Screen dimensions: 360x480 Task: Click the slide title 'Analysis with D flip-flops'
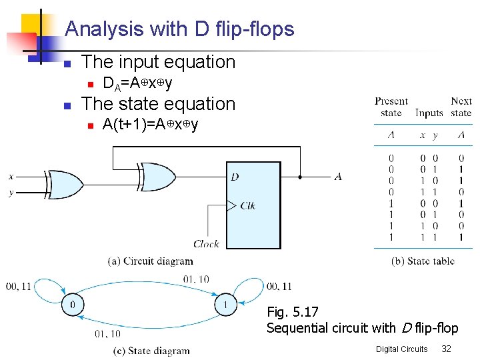(x=179, y=29)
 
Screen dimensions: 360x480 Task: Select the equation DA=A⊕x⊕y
(x=137, y=83)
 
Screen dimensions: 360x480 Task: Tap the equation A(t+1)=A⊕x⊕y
(x=151, y=125)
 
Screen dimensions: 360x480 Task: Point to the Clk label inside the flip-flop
(x=247, y=205)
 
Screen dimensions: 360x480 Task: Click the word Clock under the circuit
(x=206, y=244)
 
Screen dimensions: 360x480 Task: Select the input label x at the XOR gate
(x=11, y=176)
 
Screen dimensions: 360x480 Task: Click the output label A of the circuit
(x=338, y=177)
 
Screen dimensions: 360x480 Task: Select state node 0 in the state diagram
(x=71, y=305)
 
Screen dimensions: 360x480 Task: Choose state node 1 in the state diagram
(x=225, y=305)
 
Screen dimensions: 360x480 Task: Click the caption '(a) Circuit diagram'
(x=150, y=261)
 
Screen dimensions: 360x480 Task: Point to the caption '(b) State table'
(x=423, y=261)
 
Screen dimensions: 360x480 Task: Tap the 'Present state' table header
(x=391, y=107)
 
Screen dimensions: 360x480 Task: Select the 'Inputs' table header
(x=429, y=113)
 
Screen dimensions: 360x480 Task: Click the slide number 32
(x=447, y=349)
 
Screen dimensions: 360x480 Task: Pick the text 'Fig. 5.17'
(x=293, y=311)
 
